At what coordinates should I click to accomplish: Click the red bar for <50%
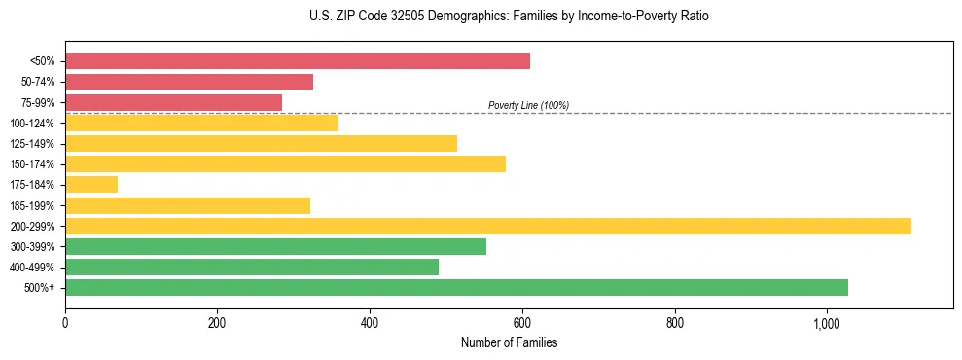(x=298, y=61)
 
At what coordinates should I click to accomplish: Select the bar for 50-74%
(x=190, y=82)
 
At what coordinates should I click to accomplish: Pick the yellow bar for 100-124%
(x=202, y=123)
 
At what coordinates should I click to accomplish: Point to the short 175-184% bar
(x=91, y=184)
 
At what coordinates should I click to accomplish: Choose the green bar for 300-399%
(x=276, y=246)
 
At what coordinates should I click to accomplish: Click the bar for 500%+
(x=457, y=287)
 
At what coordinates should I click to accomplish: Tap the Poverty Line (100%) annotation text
(x=528, y=105)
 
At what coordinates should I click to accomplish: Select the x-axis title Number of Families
(x=509, y=342)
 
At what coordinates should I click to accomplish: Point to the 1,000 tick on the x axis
(x=827, y=322)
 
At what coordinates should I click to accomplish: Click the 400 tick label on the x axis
(x=370, y=322)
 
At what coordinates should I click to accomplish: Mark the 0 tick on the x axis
(x=65, y=322)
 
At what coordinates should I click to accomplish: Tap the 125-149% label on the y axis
(x=32, y=144)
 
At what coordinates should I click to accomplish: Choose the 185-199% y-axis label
(x=32, y=205)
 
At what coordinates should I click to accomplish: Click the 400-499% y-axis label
(x=32, y=268)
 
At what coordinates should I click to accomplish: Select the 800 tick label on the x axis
(x=674, y=322)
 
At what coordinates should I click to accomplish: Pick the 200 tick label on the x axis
(x=217, y=322)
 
